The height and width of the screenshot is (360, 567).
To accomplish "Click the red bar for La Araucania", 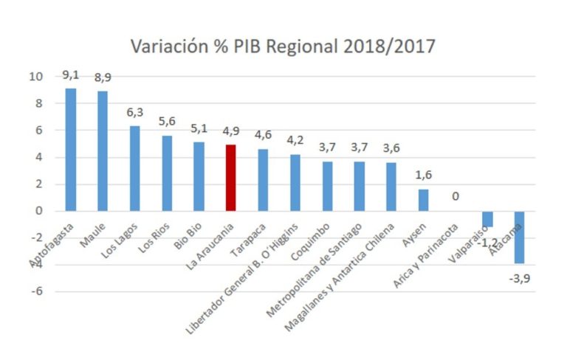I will click(x=231, y=178).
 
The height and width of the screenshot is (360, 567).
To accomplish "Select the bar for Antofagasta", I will click(x=71, y=150).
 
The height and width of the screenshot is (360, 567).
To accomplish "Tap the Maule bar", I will click(x=103, y=151).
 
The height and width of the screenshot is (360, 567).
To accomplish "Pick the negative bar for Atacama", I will click(x=520, y=237).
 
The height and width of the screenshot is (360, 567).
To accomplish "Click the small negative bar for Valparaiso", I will click(x=487, y=219).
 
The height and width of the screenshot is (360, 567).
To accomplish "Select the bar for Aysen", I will click(x=423, y=200).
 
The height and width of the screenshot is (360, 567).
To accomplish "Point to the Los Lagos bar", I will click(x=134, y=168).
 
